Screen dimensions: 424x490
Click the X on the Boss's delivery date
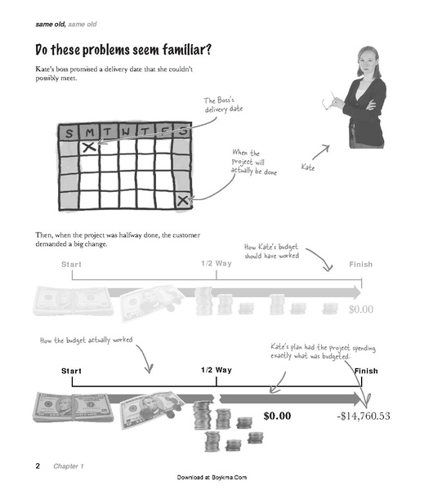click(89, 146)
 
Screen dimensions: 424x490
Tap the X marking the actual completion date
click(183, 200)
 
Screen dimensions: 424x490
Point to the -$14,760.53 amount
click(364, 416)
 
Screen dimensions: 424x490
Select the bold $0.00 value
click(277, 416)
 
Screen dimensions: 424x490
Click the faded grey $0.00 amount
click(361, 310)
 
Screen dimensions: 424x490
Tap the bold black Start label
click(71, 371)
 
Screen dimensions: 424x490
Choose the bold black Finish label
click(366, 371)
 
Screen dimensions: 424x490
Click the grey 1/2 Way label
click(216, 264)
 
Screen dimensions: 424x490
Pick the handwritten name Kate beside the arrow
click(308, 167)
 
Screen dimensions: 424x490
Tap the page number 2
click(38, 466)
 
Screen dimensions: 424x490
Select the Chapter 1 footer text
click(68, 466)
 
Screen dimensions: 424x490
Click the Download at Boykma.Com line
click(212, 477)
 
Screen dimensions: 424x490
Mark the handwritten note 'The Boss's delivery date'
click(223, 105)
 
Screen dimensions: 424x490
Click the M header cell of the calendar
click(89, 132)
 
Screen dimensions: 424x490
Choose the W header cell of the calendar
click(127, 131)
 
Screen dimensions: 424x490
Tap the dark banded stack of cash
click(74, 408)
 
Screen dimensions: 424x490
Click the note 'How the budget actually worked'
click(87, 341)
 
